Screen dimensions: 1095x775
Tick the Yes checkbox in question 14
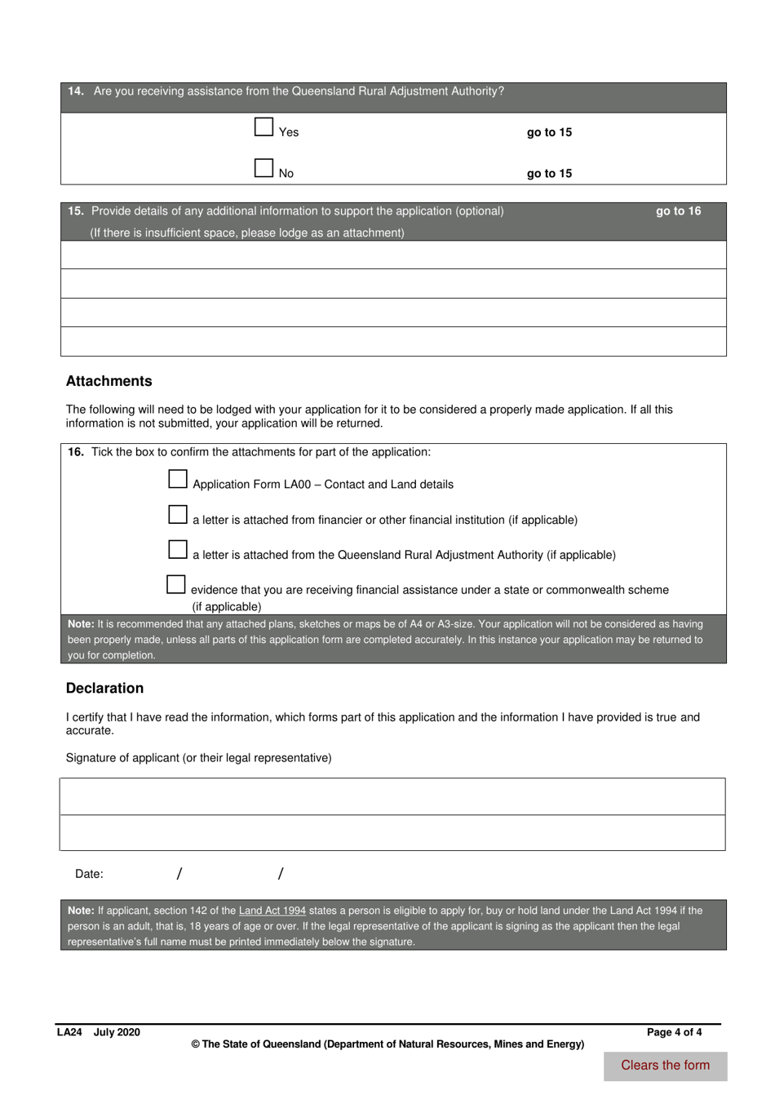[x=263, y=126]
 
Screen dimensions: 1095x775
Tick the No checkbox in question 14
[x=263, y=168]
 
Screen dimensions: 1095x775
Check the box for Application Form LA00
[x=178, y=479]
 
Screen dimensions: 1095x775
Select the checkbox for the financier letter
[x=178, y=514]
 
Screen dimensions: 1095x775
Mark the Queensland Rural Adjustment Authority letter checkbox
[x=178, y=549]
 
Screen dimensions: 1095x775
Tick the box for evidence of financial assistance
[x=176, y=584]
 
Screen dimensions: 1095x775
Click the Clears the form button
[x=665, y=1066]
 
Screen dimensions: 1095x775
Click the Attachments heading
[x=108, y=381]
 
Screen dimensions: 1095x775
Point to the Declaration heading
[x=104, y=688]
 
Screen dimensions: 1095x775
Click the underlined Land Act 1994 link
[x=272, y=911]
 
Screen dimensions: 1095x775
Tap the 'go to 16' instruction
[x=678, y=211]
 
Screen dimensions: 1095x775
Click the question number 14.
[x=76, y=91]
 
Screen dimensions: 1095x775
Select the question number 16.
[x=76, y=452]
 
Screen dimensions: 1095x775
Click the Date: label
[x=89, y=874]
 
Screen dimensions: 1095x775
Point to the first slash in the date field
[x=179, y=874]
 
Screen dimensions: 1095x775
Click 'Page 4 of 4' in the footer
[x=674, y=1032]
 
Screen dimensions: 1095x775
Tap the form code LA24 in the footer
[x=69, y=1032]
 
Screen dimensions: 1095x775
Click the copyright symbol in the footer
[x=195, y=1044]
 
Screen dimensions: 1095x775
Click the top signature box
[x=392, y=796]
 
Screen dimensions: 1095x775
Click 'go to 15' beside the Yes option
[x=549, y=132]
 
